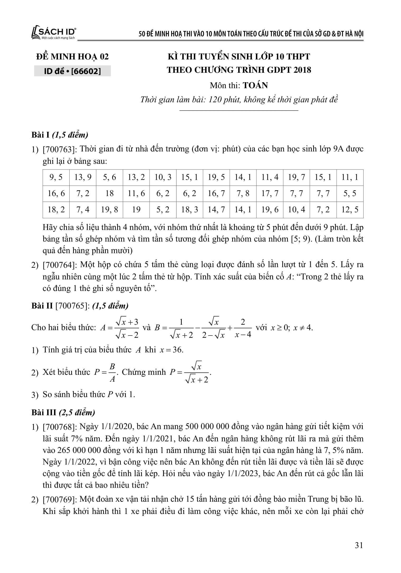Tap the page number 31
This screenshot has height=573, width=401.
click(x=359, y=545)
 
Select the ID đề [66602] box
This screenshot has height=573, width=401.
click(x=72, y=71)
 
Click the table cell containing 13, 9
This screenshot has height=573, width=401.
click(x=83, y=177)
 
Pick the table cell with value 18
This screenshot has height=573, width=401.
click(x=109, y=193)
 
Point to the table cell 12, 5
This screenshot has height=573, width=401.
click(x=350, y=210)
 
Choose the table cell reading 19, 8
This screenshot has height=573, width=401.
click(x=109, y=210)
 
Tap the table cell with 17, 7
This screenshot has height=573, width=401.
click(x=270, y=193)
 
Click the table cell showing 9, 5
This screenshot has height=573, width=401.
click(x=56, y=177)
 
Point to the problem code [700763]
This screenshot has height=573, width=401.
click(x=59, y=149)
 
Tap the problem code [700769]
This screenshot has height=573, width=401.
click(x=59, y=499)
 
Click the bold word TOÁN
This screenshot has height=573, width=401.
click(x=255, y=85)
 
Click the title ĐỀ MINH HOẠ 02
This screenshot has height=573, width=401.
click(x=72, y=57)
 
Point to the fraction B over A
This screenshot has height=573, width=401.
click(x=112, y=372)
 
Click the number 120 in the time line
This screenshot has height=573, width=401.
click(x=214, y=100)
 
